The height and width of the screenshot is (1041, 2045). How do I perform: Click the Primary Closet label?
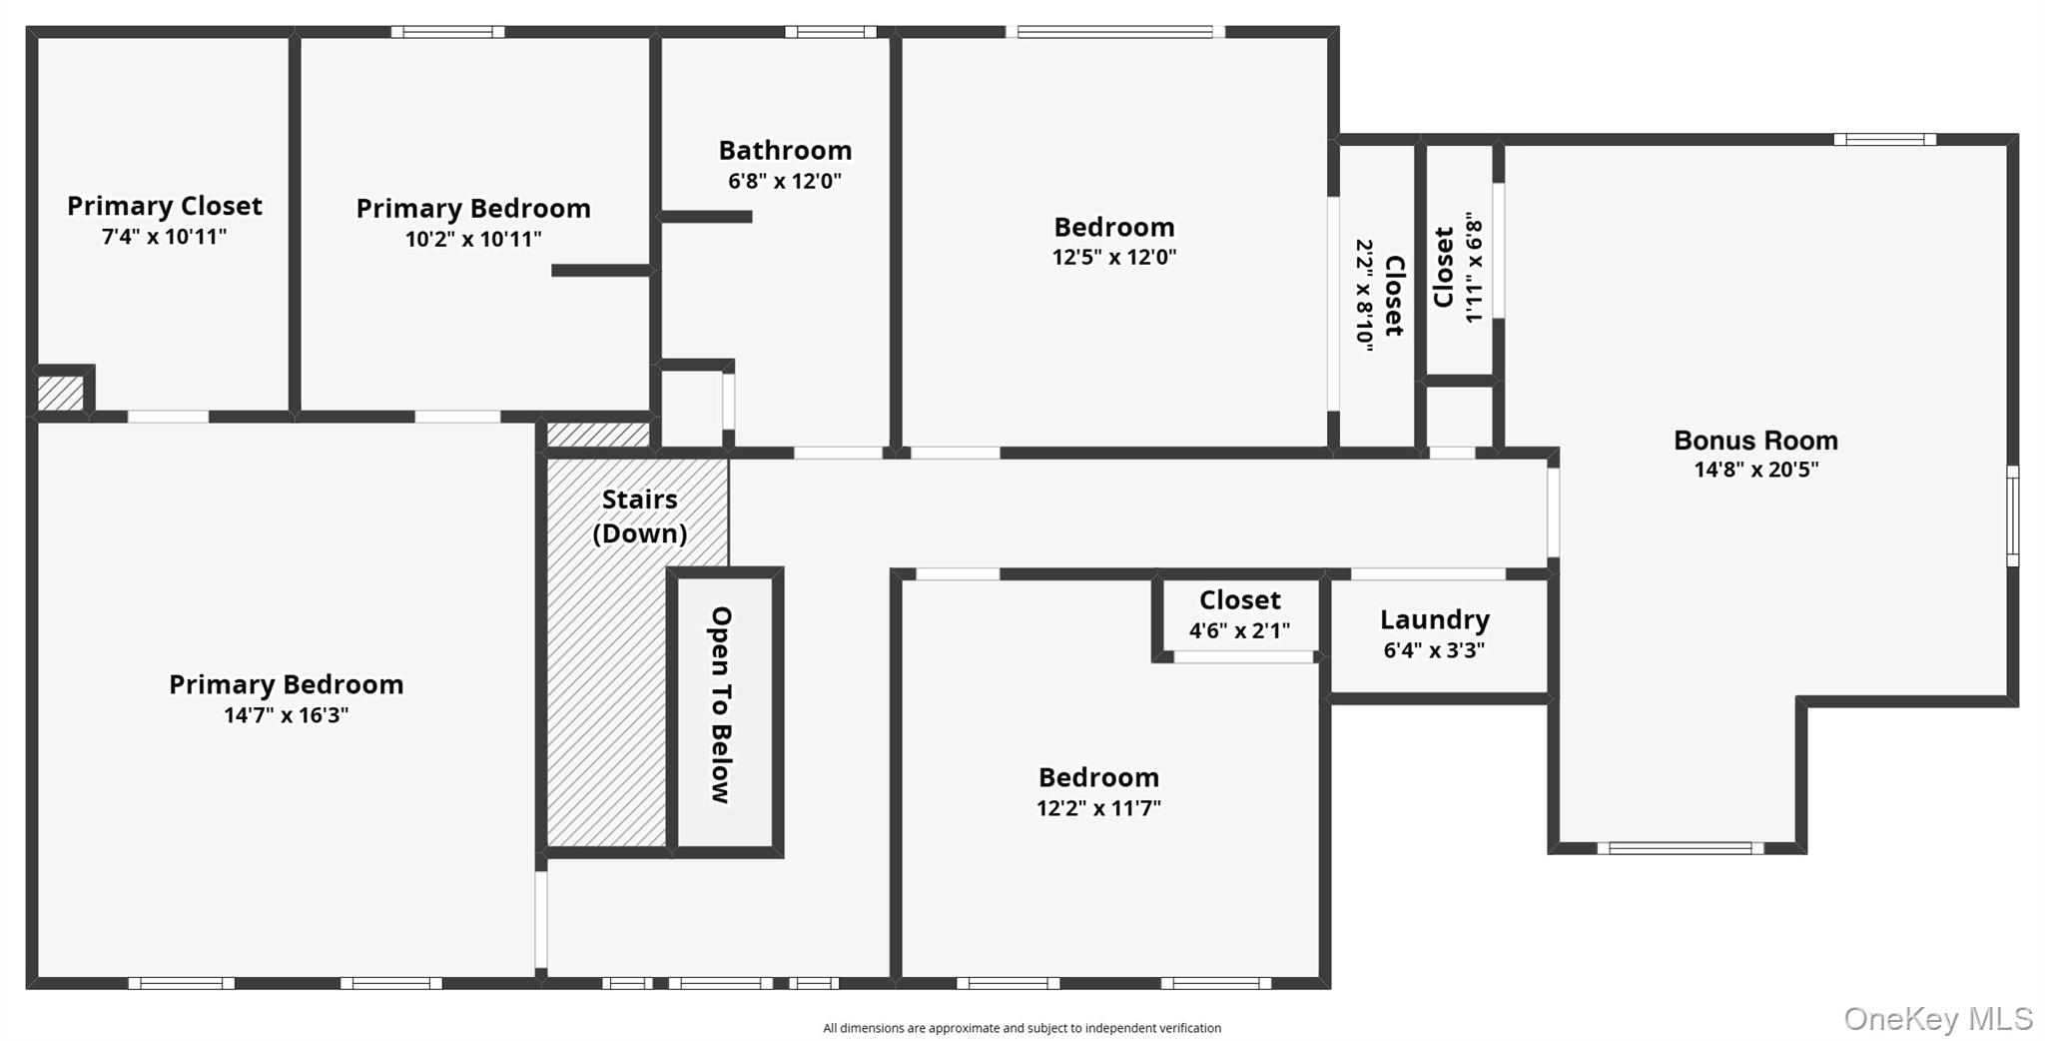click(165, 206)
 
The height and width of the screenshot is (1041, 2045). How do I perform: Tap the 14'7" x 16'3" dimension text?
click(286, 715)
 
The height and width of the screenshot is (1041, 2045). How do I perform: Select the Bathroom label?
click(785, 151)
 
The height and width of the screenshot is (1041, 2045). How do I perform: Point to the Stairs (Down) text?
click(639, 516)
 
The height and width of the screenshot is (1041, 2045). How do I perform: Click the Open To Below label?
click(721, 704)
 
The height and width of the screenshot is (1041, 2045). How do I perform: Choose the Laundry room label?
click(1434, 619)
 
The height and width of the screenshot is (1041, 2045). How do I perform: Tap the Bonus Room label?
click(1755, 441)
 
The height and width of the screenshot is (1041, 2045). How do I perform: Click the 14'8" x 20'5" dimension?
click(1755, 470)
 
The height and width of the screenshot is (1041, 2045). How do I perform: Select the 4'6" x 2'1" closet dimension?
click(1239, 630)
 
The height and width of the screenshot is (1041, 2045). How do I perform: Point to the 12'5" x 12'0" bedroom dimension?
click(1113, 257)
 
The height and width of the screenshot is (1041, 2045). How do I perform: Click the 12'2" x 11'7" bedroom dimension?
click(1098, 808)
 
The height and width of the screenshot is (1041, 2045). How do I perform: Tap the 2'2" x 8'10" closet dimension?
click(1364, 295)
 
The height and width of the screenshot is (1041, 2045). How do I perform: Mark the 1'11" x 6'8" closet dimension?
click(1474, 267)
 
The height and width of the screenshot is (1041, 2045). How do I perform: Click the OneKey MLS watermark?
click(1937, 1018)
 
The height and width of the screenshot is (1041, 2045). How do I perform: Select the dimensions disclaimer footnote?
click(1022, 1028)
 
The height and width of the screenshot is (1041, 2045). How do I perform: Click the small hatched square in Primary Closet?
click(60, 393)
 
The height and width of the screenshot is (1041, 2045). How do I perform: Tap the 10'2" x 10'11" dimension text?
click(473, 239)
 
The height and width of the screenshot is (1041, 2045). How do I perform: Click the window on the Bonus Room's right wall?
click(2012, 516)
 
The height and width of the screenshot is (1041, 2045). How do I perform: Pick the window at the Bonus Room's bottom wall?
click(1680, 848)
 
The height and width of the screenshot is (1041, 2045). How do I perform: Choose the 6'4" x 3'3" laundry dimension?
click(1434, 650)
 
